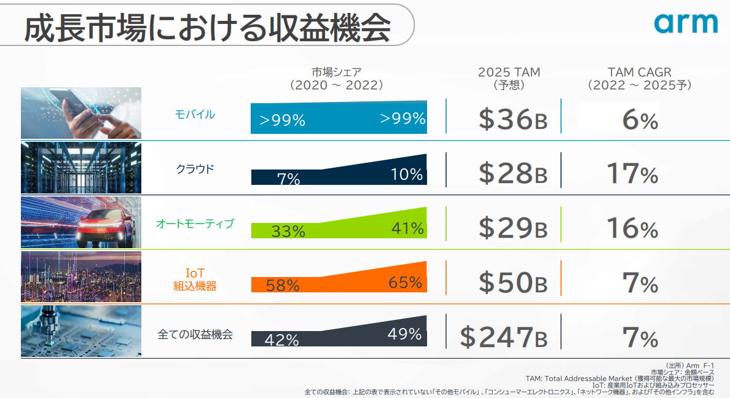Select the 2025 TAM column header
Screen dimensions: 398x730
click(x=509, y=78)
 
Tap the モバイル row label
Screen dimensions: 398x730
click(x=195, y=114)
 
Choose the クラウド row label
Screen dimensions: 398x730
click(x=195, y=168)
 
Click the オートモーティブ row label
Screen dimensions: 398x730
click(x=195, y=224)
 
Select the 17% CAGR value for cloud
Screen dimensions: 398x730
click(x=632, y=174)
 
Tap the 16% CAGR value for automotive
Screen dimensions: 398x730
click(x=632, y=228)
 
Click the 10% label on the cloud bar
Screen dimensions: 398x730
click(x=407, y=174)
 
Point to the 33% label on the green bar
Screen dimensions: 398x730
click(x=288, y=232)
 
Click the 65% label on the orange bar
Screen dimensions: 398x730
click(x=405, y=283)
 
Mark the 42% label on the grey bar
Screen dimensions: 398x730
click(x=282, y=340)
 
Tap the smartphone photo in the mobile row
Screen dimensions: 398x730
click(x=81, y=113)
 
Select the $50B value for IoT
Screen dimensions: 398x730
click(x=512, y=283)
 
